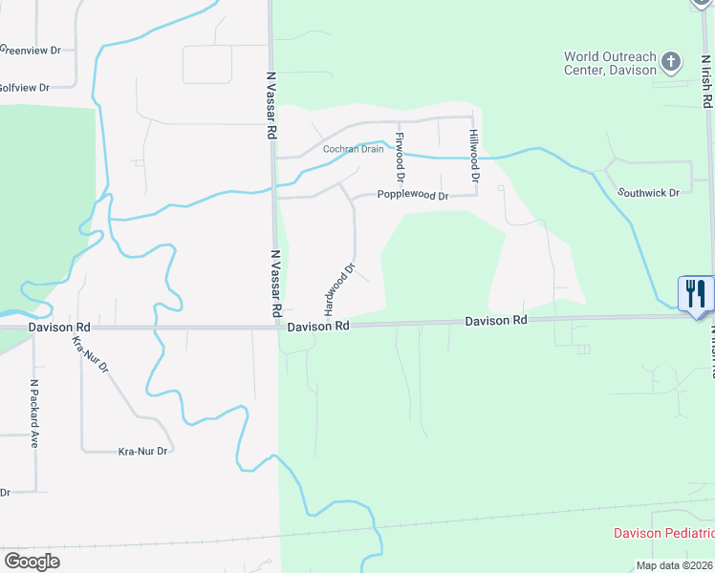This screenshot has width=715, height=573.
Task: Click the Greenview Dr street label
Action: (x=30, y=49)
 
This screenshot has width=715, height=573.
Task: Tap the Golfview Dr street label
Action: (x=24, y=87)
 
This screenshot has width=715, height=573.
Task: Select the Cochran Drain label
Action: (x=353, y=149)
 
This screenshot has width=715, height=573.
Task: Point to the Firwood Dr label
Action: (x=401, y=158)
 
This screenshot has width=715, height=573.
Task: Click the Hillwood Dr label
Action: (x=473, y=157)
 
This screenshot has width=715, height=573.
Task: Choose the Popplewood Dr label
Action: (x=412, y=196)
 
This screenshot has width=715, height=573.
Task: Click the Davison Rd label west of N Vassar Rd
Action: (x=58, y=327)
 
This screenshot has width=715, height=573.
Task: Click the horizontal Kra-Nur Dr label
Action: (x=142, y=451)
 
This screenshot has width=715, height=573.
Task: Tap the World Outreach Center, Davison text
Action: (x=611, y=63)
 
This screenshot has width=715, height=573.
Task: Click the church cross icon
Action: (x=671, y=63)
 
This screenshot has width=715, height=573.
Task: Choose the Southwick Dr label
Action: (x=647, y=192)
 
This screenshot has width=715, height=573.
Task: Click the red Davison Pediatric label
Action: (x=663, y=533)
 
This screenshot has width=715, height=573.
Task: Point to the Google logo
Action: (x=32, y=562)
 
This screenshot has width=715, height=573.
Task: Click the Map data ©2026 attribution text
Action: (x=674, y=565)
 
